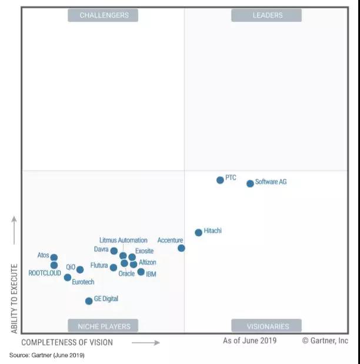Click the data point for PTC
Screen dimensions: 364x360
220,180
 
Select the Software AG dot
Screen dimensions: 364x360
250,183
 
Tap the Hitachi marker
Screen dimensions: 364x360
198,232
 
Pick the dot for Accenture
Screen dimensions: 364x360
181,248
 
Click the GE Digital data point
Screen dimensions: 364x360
89,300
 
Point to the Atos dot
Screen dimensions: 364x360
54,258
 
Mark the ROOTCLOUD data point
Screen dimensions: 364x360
54,265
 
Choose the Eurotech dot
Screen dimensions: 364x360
68,278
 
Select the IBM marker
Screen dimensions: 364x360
141,272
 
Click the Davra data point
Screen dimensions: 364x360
114,251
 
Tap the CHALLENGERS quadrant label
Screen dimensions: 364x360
104,15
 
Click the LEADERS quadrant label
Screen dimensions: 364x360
267,15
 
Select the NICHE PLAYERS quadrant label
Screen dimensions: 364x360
104,326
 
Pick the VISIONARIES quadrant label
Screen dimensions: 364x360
267,326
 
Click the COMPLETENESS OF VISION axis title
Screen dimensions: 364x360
66,342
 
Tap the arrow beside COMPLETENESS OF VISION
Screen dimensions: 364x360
145,342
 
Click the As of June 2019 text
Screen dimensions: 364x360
249,340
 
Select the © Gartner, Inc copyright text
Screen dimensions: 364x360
325,340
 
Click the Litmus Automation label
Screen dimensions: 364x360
123,241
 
